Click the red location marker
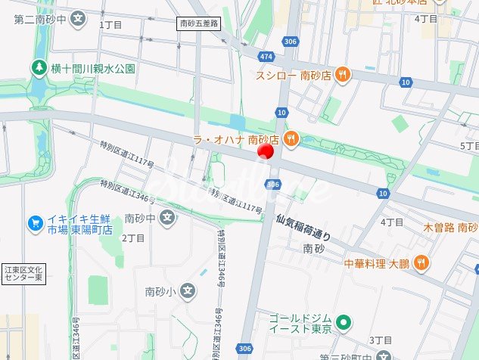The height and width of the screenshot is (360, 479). coord(265,151)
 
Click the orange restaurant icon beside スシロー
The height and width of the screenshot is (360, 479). coord(343,74)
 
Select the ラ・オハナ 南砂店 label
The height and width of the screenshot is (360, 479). coord(237,139)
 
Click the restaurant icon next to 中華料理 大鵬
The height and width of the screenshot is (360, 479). coord(421,263)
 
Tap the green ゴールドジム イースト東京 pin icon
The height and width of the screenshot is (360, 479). coord(344,324)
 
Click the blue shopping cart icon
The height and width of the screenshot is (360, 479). coord(35,222)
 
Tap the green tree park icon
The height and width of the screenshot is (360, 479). coord(37,68)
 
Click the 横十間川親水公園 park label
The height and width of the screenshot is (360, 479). coord(92,68)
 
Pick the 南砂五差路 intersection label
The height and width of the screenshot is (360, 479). coord(198,24)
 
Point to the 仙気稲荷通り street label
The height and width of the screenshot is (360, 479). coord(303,228)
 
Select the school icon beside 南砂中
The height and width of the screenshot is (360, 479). coord(169,219)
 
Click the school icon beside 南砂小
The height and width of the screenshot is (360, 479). coord(188,290)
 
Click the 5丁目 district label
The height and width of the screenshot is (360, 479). coord(469,145)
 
